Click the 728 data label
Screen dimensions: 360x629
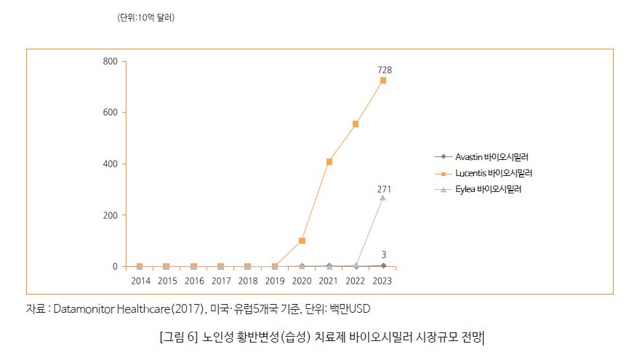(385, 69)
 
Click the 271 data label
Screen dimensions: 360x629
(384, 189)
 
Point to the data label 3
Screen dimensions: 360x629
(384, 255)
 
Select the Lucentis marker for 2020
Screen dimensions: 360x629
(302, 241)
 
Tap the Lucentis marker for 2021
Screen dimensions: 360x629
(329, 161)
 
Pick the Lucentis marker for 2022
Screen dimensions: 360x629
(356, 124)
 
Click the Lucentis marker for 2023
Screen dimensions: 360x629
(383, 81)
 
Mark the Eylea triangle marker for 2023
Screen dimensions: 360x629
(383, 197)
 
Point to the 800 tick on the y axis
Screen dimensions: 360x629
(110, 61)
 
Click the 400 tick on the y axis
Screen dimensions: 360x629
(110, 164)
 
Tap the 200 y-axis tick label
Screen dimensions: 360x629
(110, 215)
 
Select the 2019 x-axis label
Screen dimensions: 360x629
(275, 281)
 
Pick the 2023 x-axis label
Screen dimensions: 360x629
(383, 281)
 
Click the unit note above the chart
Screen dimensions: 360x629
(146, 17)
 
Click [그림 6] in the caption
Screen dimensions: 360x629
(177, 337)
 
